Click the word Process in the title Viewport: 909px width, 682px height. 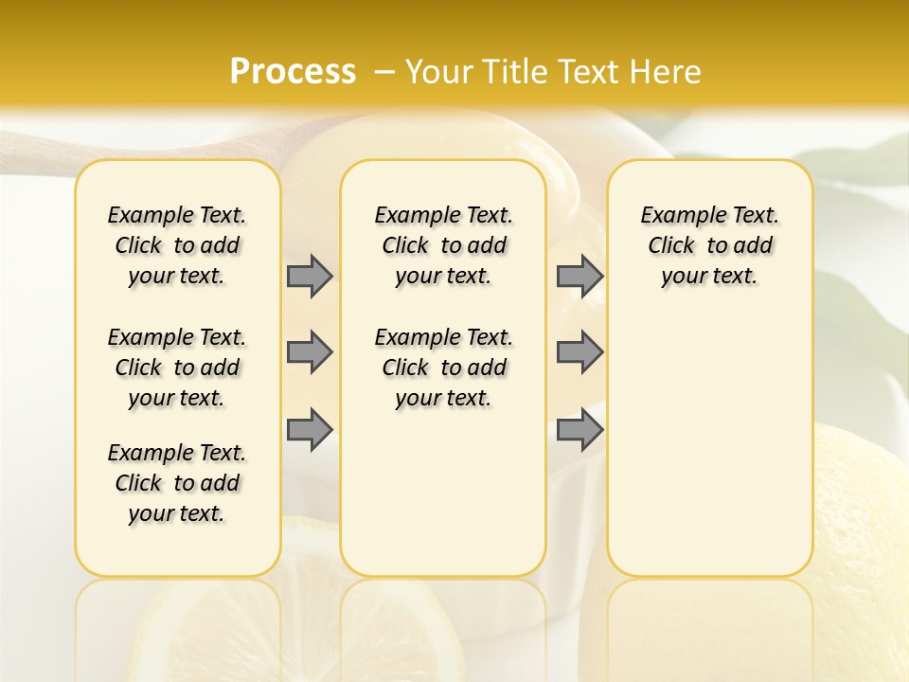click(x=293, y=71)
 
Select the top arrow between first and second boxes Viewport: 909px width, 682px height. click(x=310, y=276)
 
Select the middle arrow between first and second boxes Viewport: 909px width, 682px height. click(x=310, y=353)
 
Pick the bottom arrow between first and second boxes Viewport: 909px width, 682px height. click(x=310, y=430)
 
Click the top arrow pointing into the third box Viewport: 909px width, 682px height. click(x=579, y=276)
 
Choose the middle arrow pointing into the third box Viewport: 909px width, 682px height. click(x=579, y=353)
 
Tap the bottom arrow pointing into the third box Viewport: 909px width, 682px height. click(x=579, y=430)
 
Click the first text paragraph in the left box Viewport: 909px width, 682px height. click(x=177, y=245)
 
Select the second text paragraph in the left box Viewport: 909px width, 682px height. click(x=177, y=368)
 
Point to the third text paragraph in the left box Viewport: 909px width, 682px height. click(x=177, y=483)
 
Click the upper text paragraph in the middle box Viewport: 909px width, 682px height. click(x=443, y=245)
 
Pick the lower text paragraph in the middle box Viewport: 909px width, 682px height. click(x=443, y=368)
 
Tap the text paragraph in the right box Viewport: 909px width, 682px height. click(x=709, y=245)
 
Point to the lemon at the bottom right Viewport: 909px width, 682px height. click(x=862, y=502)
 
